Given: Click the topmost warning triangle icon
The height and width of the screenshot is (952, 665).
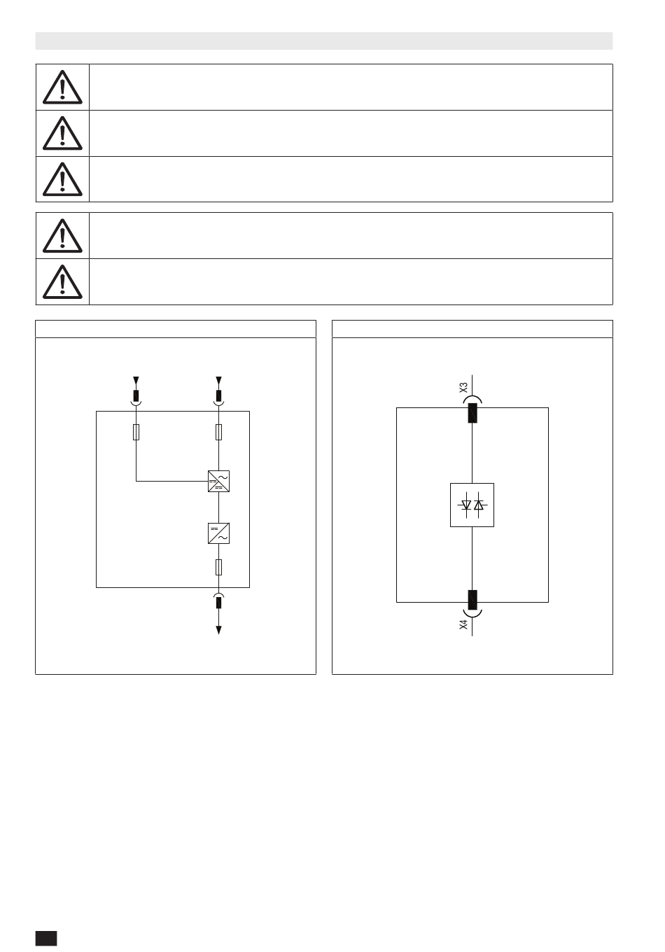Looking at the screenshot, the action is click(62, 87).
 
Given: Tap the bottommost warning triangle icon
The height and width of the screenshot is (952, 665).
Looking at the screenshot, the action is click(62, 282).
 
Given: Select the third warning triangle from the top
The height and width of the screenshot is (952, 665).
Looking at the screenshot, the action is click(62, 180).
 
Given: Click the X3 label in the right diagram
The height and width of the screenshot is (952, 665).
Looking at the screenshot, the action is click(463, 387).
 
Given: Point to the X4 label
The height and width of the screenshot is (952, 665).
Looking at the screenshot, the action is click(463, 624).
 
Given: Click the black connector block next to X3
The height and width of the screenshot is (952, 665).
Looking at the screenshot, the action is click(472, 413).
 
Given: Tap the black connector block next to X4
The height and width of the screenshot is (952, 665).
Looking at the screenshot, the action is click(472, 600).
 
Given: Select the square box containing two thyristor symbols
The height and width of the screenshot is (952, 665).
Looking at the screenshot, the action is click(472, 505).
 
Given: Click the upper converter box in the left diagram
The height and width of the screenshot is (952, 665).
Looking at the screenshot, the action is click(219, 481).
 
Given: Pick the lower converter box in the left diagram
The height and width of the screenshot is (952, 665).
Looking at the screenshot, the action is click(219, 533).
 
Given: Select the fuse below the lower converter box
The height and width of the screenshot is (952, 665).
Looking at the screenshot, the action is click(219, 567).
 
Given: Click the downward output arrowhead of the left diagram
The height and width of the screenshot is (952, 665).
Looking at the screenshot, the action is click(219, 630).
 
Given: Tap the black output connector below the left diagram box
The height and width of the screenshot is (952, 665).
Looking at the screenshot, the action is click(219, 603).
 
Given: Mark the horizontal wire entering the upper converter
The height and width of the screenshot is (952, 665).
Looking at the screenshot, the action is click(171, 481).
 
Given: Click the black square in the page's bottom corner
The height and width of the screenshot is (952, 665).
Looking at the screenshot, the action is click(46, 938).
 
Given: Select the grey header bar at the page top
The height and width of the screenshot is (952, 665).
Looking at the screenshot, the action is click(324, 41).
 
